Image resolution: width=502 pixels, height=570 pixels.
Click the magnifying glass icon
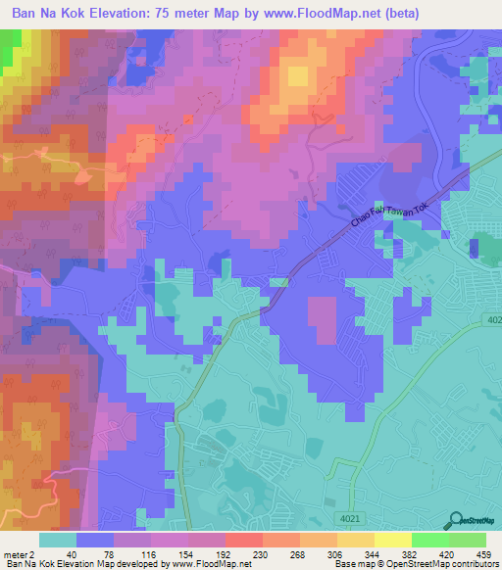[x=457, y=521]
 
